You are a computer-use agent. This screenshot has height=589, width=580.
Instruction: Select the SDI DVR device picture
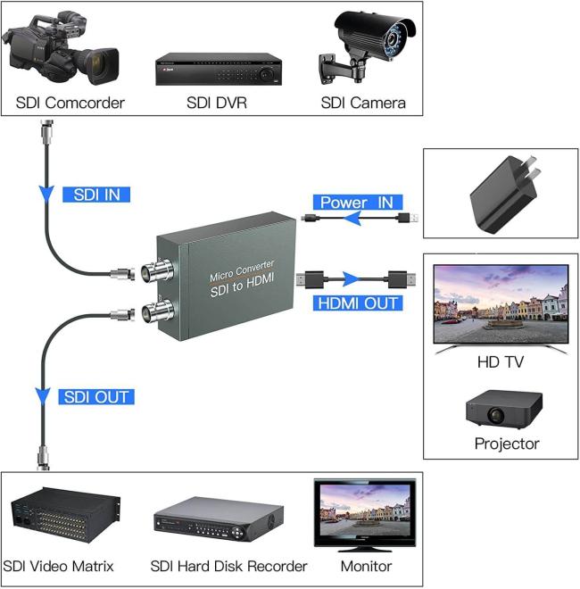point(218,68)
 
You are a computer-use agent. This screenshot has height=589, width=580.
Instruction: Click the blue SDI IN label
point(96,194)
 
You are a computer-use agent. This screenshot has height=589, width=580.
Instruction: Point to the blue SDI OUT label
point(95,396)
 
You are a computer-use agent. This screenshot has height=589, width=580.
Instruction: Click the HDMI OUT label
point(358,303)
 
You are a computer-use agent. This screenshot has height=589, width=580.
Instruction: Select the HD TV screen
point(500,303)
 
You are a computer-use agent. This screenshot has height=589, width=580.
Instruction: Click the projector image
point(504,408)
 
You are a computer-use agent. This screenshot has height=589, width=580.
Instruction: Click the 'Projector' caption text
point(507,444)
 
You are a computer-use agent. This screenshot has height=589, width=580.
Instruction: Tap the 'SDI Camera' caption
point(363,103)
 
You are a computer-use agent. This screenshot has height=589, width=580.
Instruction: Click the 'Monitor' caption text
point(366,566)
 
